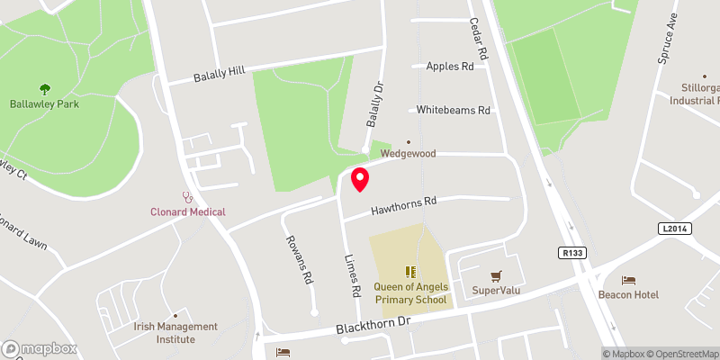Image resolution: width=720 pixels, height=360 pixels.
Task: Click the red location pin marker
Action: pos(360,180)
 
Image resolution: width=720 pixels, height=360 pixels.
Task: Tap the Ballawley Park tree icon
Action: pos(45,88)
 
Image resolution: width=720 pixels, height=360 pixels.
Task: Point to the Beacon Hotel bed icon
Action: pos(628,280)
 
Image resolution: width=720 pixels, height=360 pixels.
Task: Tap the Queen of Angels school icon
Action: pos(410,271)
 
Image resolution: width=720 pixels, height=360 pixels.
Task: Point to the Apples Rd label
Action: pos(449,67)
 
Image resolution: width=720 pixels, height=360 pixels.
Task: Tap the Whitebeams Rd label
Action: pos(453,110)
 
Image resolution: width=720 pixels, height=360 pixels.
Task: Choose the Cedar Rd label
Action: pos(478,41)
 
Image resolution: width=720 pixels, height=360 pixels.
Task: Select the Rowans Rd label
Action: pos(298,259)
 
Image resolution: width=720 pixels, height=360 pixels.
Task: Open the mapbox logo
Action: pos(40,348)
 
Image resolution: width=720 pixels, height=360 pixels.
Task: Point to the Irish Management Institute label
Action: pos(175,332)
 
